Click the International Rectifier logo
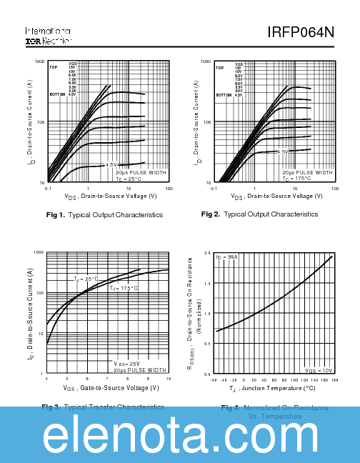coord(48,36)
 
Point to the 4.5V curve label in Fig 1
coord(111,165)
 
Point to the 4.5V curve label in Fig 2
coord(281,151)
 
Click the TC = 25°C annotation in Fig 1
coord(131,179)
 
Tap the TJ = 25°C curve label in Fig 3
coord(86,279)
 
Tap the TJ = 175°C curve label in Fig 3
coord(124,287)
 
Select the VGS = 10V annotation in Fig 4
coord(319,371)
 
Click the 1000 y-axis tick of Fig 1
coord(40,62)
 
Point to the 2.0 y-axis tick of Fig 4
coord(206,253)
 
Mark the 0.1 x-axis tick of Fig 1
coord(48,189)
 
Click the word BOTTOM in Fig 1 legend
coord(56,94)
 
